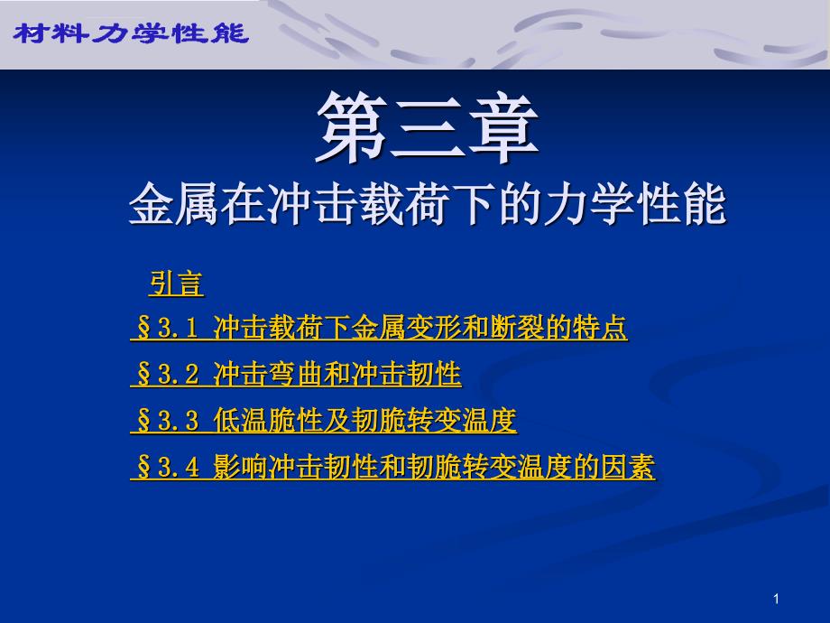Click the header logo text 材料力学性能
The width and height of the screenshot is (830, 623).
(131, 34)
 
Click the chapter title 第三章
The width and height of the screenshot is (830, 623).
(427, 127)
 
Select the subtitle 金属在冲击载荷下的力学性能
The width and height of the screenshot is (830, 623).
(427, 204)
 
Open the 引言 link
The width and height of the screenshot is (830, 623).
(176, 284)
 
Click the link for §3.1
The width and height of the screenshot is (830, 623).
(379, 328)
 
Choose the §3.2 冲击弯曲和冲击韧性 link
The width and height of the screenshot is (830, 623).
(296, 374)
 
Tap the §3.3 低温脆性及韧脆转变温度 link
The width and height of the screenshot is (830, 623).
(323, 421)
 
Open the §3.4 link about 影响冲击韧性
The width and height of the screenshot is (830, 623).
(392, 468)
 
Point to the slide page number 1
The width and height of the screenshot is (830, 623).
(776, 600)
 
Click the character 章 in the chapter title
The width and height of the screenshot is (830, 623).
(503, 127)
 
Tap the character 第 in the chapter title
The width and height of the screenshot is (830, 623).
(352, 127)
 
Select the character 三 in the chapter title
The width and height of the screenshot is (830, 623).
(427, 127)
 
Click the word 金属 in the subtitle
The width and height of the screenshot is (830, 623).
(174, 204)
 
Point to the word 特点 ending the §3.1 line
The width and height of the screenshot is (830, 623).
(600, 328)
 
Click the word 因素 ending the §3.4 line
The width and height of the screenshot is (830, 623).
(628, 468)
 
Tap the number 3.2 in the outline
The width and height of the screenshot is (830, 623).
(178, 375)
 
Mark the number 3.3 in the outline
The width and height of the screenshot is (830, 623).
(178, 422)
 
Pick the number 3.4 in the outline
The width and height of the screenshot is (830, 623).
(178, 469)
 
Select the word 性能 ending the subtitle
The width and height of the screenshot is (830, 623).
(682, 204)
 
